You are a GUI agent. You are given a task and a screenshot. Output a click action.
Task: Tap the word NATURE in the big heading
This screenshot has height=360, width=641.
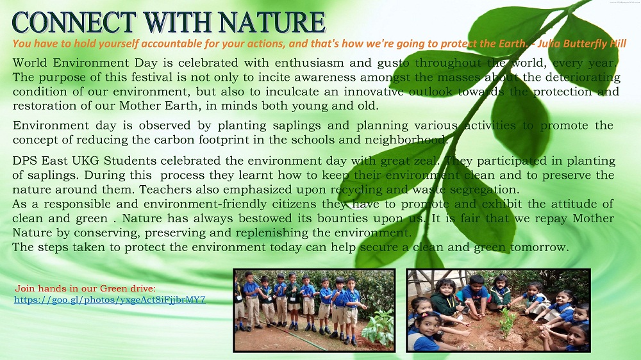(271, 22)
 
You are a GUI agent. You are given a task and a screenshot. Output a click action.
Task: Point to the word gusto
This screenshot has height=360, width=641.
(394, 63)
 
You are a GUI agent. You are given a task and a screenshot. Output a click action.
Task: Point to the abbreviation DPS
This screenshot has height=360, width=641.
(25, 161)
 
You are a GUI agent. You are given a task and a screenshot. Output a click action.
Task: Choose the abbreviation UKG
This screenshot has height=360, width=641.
(85, 161)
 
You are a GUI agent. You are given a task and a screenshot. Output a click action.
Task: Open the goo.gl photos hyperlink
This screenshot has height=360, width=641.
(110, 300)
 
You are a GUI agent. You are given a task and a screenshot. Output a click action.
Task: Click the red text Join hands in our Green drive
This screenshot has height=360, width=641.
(85, 288)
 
